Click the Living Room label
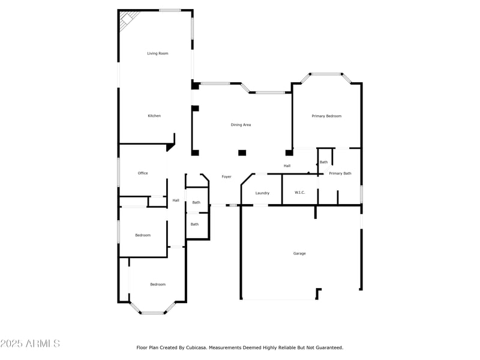[158, 53]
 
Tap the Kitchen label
[154, 116]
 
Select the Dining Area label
[241, 125]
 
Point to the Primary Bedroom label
[326, 116]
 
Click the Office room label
[143, 173]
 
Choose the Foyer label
[226, 176]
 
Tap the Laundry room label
[262, 193]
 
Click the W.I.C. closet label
[300, 193]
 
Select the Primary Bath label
[340, 173]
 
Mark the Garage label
[299, 253]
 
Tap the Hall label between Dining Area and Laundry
[287, 166]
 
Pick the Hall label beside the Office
[176, 200]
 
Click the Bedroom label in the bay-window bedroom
[158, 284]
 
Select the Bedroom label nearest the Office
[143, 235]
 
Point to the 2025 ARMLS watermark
[30, 344]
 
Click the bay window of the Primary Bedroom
[326, 74]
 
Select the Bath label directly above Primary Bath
[324, 162]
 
